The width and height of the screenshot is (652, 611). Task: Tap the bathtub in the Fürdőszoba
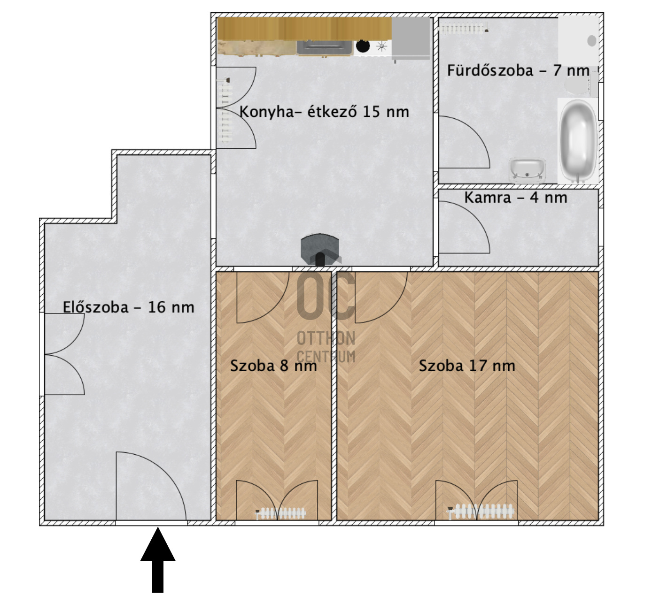[578, 141]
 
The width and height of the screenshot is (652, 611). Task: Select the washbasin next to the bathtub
[527, 169]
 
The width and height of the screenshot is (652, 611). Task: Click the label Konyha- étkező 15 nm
[324, 112]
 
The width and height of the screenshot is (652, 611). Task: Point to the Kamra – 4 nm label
[516, 198]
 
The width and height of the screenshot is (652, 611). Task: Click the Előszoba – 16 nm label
[128, 307]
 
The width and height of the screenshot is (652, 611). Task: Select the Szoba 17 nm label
[467, 366]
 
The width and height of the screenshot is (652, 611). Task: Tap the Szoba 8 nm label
[273, 366]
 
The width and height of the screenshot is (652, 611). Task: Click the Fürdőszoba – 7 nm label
[518, 70]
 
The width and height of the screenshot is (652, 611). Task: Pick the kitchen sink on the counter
[324, 47]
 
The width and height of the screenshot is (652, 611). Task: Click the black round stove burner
[363, 46]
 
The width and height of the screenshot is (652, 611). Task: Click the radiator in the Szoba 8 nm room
[281, 513]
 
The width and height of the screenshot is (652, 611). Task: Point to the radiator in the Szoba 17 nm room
[481, 511]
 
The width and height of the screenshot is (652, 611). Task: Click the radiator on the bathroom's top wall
[463, 29]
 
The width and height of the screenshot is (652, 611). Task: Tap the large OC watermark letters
[326, 297]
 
